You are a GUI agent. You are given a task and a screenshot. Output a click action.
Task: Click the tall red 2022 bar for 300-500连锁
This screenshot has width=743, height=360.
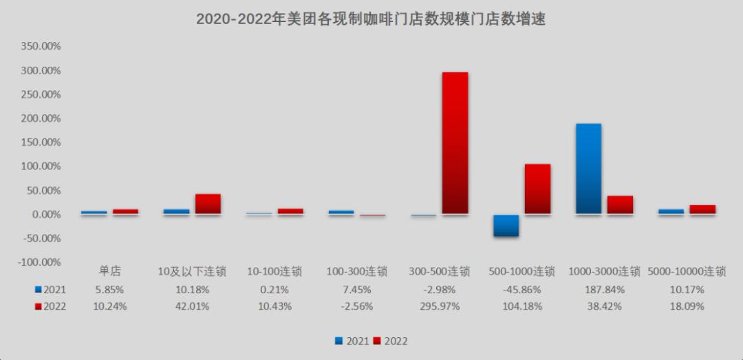coord(455,143)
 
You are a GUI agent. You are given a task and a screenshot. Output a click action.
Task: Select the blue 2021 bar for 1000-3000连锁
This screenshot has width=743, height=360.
coord(588,169)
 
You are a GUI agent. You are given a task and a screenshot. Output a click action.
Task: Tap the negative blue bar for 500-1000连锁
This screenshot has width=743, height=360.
coord(506,226)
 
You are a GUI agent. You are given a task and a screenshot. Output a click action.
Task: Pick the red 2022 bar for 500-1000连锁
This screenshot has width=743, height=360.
coord(537,189)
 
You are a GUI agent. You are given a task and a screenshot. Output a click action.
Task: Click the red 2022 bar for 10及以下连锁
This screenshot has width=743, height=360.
coord(208,204)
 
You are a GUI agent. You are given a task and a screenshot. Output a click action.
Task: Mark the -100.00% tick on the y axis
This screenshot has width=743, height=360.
coord(40,262)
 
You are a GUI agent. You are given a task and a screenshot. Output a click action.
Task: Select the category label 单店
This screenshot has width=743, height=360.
coord(110,271)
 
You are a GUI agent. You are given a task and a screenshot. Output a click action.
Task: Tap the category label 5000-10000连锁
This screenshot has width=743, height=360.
coord(687,271)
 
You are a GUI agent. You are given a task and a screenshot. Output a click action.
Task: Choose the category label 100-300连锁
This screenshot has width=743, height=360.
coord(357,271)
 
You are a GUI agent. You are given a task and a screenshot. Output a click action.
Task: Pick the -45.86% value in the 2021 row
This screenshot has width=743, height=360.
coord(521,289)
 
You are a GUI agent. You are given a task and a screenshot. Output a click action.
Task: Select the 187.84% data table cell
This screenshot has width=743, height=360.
coord(604,289)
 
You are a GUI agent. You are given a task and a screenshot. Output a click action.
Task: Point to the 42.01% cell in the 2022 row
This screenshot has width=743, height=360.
coord(192,306)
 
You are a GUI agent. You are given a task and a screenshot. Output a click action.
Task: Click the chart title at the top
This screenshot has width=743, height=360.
coord(371,19)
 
